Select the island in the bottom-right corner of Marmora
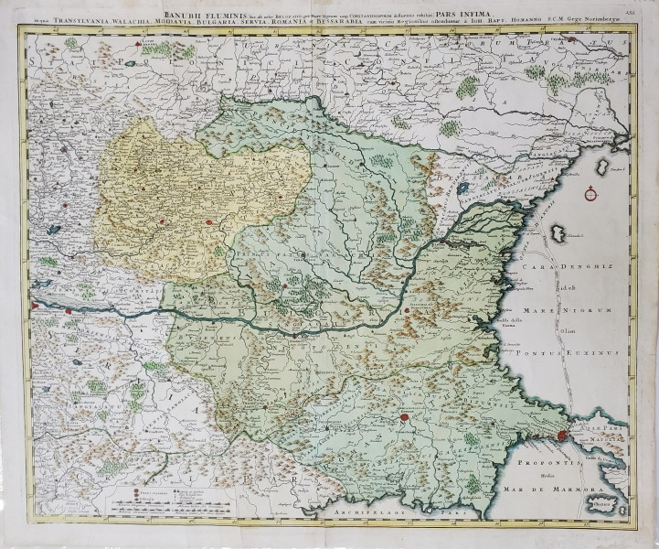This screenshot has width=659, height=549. click(x=611, y=498)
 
